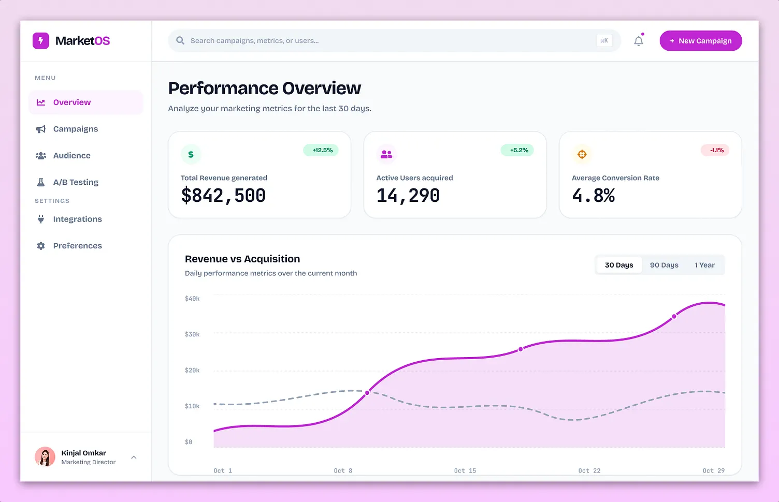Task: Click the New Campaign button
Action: tap(700, 41)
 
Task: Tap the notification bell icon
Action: tap(639, 41)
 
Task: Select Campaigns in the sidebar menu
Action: tap(75, 129)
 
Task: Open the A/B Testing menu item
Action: tap(76, 182)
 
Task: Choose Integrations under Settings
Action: tap(77, 219)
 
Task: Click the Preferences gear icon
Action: tap(41, 246)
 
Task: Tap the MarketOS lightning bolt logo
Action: tap(41, 41)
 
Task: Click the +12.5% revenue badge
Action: tap(321, 150)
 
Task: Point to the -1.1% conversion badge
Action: tap(715, 150)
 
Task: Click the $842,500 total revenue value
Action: tap(223, 196)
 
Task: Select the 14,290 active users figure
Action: tap(408, 196)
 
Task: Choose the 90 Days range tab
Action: tap(664, 265)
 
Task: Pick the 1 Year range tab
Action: tap(704, 265)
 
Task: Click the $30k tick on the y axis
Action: tap(192, 334)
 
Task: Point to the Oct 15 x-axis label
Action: tap(465, 470)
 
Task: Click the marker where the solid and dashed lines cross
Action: tap(367, 393)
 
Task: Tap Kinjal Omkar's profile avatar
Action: tap(45, 457)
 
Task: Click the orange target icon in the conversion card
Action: tap(582, 154)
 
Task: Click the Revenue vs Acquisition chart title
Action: tap(242, 259)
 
